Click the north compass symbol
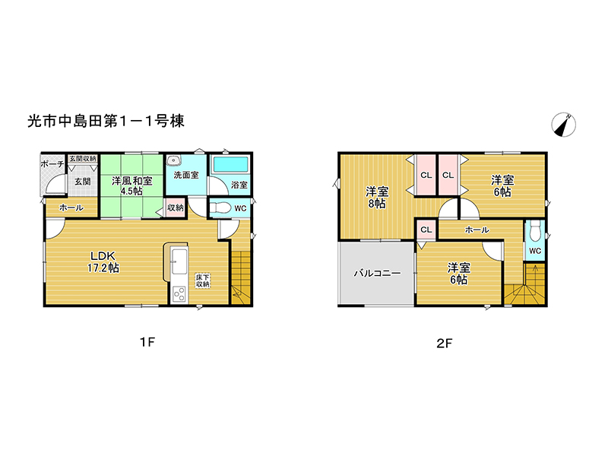tap(563, 125)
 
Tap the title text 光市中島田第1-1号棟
tap(106, 122)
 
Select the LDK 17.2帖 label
tap(103, 261)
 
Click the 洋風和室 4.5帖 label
tap(131, 185)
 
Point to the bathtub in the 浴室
tap(231, 165)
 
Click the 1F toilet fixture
tap(220, 207)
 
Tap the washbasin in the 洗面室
tap(174, 160)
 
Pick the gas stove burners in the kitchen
tap(179, 295)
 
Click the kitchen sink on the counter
tap(179, 261)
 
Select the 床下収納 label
tap(202, 280)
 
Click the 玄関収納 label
tap(83, 159)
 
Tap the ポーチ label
tap(52, 164)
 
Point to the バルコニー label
tap(377, 274)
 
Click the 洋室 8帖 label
tap(377, 198)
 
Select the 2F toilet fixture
tap(535, 231)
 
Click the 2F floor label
tap(445, 344)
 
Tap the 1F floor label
tap(147, 341)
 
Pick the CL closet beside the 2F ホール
tap(426, 230)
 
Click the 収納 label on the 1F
tap(176, 207)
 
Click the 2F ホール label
tap(477, 230)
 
